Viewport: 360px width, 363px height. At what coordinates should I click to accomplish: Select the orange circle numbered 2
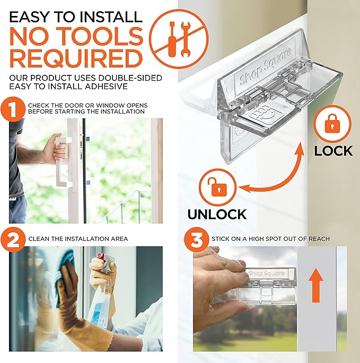point(14,238)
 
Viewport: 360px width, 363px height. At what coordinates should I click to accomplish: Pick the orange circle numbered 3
point(197,238)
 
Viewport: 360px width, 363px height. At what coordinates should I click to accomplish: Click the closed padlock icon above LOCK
point(332,124)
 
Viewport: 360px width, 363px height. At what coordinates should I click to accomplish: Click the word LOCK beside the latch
point(333,150)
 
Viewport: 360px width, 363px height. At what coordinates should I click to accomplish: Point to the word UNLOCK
point(217,214)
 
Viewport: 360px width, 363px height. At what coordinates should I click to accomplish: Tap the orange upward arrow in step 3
point(315,283)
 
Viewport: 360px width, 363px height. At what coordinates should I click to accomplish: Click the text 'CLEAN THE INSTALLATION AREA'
point(78,239)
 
